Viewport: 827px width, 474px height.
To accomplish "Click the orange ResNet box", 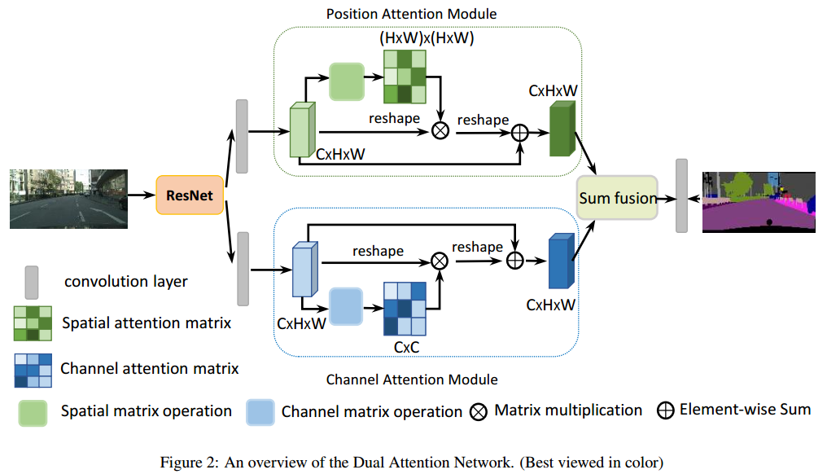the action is [190, 195].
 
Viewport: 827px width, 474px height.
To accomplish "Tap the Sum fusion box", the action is [617, 198].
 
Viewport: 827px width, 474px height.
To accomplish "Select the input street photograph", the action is [68, 199].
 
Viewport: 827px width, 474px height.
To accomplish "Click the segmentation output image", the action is [759, 202].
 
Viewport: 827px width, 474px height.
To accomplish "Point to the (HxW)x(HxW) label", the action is [427, 38].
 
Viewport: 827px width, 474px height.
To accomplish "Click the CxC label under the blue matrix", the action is [407, 347].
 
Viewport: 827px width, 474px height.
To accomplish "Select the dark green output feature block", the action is [562, 129].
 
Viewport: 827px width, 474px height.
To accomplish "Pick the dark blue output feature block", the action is [561, 261].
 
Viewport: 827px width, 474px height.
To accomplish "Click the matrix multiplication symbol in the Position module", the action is [440, 129].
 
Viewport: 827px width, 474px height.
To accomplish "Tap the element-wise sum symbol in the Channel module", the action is [514, 261].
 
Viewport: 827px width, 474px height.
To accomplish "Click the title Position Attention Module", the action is [411, 14].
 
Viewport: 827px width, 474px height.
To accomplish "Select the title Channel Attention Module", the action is [412, 380].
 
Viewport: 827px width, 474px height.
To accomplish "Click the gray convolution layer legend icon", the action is [32, 283].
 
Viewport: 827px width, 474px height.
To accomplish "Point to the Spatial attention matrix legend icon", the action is [33, 323].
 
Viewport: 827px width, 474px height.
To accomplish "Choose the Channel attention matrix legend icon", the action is [33, 371].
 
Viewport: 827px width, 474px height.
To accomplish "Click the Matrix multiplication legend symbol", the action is [479, 412].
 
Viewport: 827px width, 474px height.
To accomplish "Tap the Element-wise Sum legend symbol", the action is [666, 410].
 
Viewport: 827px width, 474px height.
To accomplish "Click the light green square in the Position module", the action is [347, 81].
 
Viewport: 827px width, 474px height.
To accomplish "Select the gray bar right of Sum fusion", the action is [682, 195].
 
